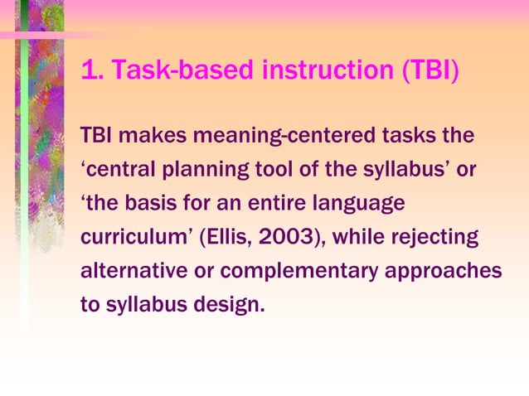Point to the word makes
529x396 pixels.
148,134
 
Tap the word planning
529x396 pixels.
202,170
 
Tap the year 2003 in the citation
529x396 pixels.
278,238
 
